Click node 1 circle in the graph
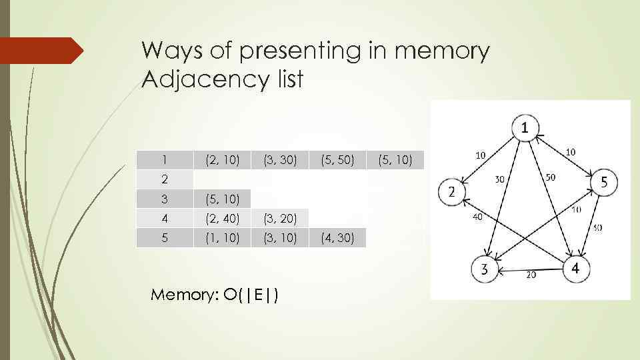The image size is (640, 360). pyautogui.click(x=526, y=127)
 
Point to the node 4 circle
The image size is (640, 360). pyautogui.click(x=576, y=269)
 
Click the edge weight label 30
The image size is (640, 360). pyautogui.click(x=499, y=179)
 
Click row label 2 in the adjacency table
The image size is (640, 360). pyautogui.click(x=164, y=179)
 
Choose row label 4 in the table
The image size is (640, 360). pyautogui.click(x=164, y=218)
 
